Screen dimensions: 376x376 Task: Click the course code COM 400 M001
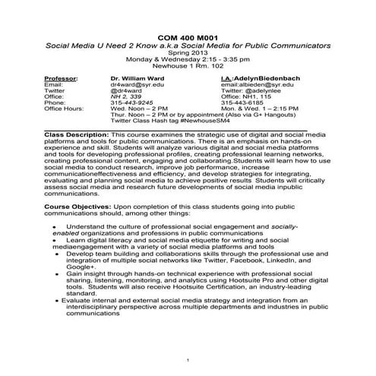188,37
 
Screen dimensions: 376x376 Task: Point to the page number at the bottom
188,358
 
